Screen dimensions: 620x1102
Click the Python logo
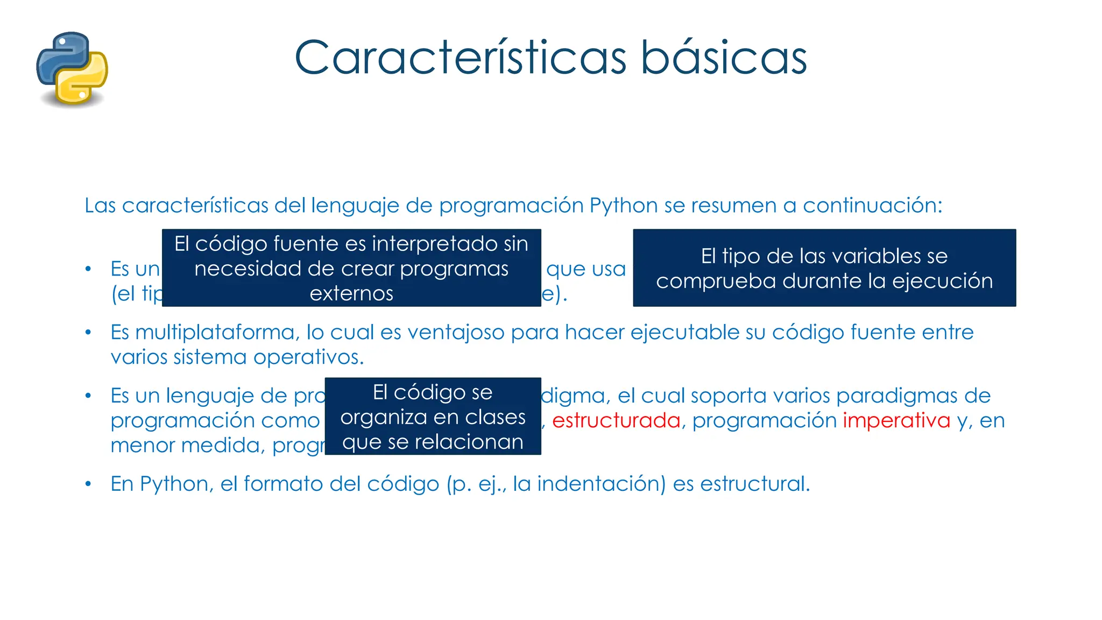pyautogui.click(x=72, y=68)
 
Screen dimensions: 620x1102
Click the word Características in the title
pyautogui.click(x=460, y=58)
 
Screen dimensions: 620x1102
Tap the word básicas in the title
pyautogui.click(x=723, y=58)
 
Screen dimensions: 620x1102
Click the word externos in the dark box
pyautogui.click(x=351, y=293)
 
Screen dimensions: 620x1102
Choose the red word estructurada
pyautogui.click(x=616, y=420)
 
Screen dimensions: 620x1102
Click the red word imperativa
pyautogui.click(x=896, y=420)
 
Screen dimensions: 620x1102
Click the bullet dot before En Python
pyautogui.click(x=88, y=484)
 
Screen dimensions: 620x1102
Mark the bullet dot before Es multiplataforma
pyautogui.click(x=88, y=333)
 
